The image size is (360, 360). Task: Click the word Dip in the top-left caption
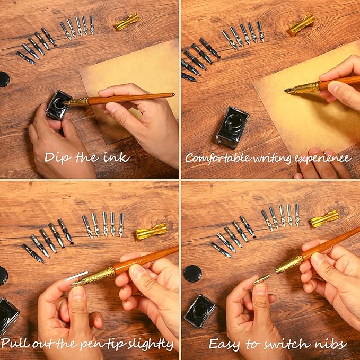[x=57, y=157]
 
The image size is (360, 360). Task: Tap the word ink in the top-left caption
[x=118, y=157]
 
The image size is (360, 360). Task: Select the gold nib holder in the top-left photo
[x=127, y=22]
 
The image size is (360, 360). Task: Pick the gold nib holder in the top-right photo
[x=302, y=24]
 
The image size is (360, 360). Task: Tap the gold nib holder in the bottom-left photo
[x=152, y=231]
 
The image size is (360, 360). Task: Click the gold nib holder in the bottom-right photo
[x=324, y=218]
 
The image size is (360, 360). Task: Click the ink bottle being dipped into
[x=58, y=105]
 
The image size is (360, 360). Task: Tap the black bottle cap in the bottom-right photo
[x=192, y=274]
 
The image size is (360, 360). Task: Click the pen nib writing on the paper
[x=291, y=90]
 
